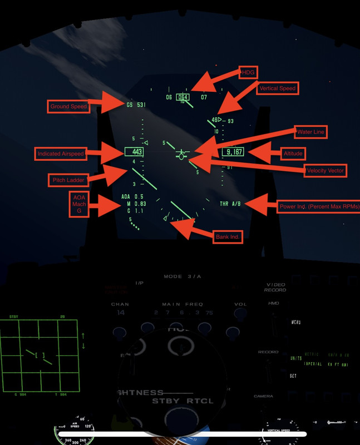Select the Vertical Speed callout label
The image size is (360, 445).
[x=278, y=88]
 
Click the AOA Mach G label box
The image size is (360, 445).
[x=78, y=204]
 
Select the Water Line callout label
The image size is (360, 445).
[x=310, y=132]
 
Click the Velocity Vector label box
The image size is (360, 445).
[x=326, y=170]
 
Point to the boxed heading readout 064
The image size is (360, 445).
[x=183, y=97]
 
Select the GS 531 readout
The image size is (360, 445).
[x=136, y=105]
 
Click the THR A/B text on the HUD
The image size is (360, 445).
[x=228, y=204]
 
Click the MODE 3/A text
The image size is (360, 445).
[x=180, y=276]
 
